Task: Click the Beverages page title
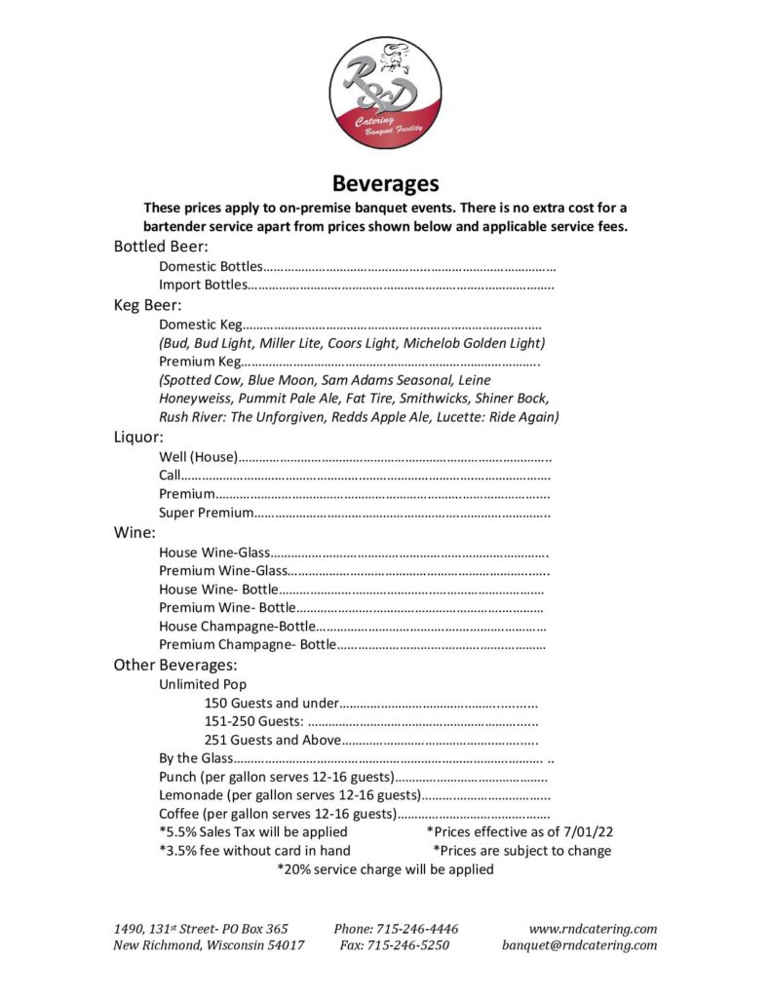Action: [x=386, y=182]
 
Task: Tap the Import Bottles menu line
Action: [x=204, y=285]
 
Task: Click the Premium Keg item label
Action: [x=198, y=362]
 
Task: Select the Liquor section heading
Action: [x=138, y=437]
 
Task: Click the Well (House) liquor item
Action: [x=197, y=456]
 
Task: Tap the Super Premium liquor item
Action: [x=206, y=513]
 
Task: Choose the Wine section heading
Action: [x=135, y=532]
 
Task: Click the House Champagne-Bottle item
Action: [x=237, y=626]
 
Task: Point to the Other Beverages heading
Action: [x=175, y=665]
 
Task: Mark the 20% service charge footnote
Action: [x=385, y=869]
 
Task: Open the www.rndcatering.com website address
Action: [x=593, y=929]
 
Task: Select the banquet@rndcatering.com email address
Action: [x=579, y=945]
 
